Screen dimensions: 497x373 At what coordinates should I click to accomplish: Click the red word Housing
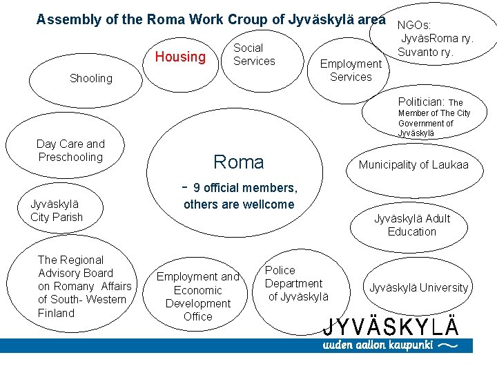point(180,57)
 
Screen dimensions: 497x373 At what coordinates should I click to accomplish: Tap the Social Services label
point(254,55)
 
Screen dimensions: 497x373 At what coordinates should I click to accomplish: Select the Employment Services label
point(351,70)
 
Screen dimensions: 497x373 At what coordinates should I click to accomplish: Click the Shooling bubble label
point(91,79)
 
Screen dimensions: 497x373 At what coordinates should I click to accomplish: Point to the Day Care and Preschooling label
point(70,151)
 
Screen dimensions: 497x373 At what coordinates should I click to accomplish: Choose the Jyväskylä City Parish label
point(57,211)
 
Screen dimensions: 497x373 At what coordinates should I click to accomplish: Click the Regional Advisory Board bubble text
point(84,286)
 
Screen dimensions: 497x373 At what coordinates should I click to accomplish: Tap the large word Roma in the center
point(239,162)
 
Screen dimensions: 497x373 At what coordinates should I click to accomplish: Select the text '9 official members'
point(245,188)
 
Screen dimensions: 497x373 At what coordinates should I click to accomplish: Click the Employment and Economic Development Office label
point(198,296)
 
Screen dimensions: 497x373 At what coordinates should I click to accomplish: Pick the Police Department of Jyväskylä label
point(296,283)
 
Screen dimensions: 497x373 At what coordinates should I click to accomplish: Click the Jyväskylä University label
point(418,287)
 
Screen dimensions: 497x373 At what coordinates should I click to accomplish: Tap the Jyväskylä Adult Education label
point(412,225)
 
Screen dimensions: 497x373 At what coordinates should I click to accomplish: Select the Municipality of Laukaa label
point(413,164)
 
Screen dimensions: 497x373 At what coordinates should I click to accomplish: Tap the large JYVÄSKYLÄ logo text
point(391,325)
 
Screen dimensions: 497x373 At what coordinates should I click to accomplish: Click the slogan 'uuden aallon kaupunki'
point(379,345)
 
